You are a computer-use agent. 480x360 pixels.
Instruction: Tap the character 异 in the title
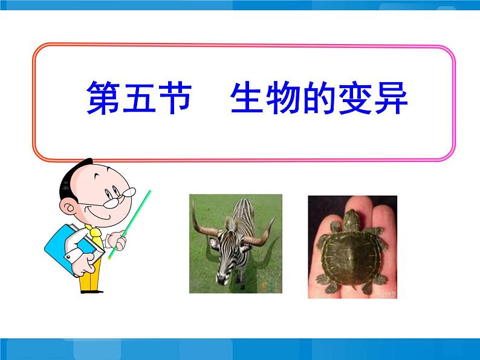pos(391,98)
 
